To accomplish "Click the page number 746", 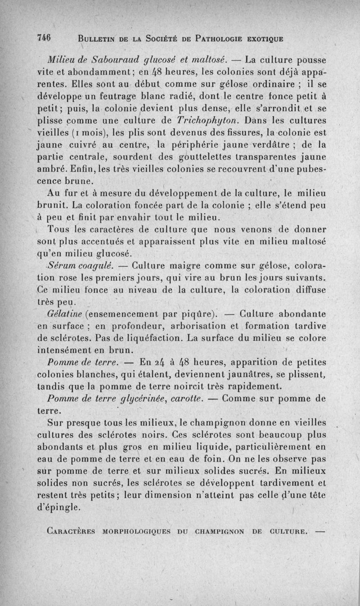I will (44, 38).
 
